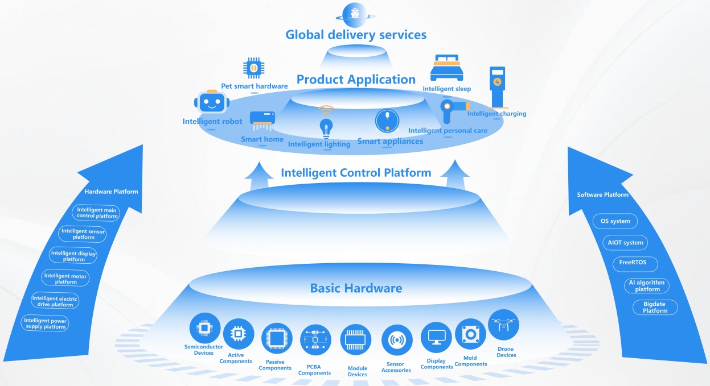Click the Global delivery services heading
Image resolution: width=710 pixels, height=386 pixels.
coord(356,35)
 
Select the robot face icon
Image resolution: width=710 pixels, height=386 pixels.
coord(211,103)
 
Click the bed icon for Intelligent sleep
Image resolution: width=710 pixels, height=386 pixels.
coord(446,69)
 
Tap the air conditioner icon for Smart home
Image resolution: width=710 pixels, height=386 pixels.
coord(262,119)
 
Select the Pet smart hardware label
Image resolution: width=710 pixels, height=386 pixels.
coord(255,86)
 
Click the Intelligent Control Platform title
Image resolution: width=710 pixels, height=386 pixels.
coord(356,172)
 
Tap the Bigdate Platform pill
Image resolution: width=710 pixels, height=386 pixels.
coord(655,308)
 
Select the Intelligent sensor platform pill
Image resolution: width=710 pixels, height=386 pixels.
coord(83,234)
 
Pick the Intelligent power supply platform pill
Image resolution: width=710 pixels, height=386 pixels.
coord(46,324)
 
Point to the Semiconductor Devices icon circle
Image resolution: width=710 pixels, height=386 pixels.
coord(204,328)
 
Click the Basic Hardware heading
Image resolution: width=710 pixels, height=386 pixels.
coord(356,288)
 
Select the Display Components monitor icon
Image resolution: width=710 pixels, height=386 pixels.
coord(436,338)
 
